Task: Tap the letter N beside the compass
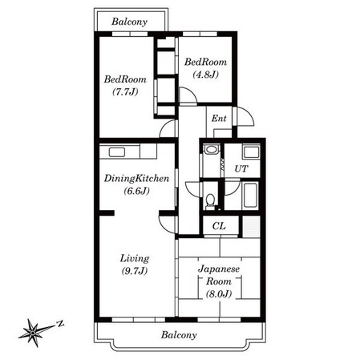pos(61,324)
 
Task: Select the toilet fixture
pos(211,201)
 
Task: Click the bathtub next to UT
pos(250,195)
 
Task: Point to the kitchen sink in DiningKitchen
pos(117,152)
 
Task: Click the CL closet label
pos(219,226)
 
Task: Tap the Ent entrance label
pos(219,118)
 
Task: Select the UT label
pos(241,168)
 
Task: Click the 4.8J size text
pos(205,75)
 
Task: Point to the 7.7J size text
pos(125,91)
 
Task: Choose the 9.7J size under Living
pos(135,271)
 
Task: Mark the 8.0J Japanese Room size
pos(219,293)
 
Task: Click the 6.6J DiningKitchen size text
pos(136,191)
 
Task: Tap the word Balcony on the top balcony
pos(129,22)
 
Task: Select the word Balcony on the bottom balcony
pos(179,335)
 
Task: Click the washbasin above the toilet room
pos(212,149)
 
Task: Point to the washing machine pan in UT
pos(251,152)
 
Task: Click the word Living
pos(135,258)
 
